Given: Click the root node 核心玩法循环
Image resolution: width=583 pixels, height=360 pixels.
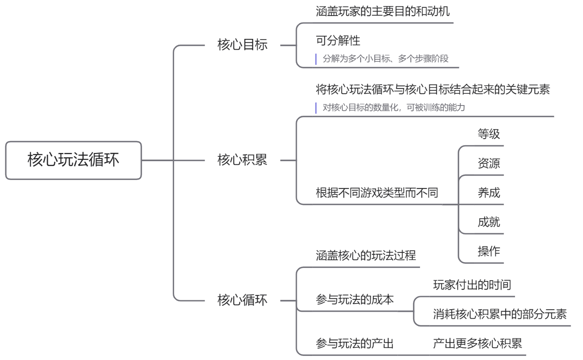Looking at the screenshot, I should click(x=73, y=160).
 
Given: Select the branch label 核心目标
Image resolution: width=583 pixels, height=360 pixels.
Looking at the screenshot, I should click(x=242, y=45).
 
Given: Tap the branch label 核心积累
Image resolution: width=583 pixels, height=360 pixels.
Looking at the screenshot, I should click(x=242, y=160).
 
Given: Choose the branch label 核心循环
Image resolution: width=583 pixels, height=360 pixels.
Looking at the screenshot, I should click(x=242, y=300).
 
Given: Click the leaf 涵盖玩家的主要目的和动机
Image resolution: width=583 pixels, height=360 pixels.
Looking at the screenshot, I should click(x=382, y=11).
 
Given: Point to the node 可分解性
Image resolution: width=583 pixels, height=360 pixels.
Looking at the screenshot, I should click(x=338, y=40).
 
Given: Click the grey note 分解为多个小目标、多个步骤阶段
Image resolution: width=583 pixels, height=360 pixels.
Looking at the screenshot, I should click(x=385, y=59).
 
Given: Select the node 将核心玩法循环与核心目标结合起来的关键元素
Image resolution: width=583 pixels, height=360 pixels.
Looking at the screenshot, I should click(x=433, y=89).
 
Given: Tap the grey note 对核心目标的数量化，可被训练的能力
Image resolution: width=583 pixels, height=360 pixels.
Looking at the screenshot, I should click(x=393, y=108).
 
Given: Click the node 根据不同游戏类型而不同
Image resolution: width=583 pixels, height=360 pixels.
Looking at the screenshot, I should click(x=377, y=193).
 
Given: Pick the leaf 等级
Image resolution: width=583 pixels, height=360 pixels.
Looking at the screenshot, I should click(x=489, y=134).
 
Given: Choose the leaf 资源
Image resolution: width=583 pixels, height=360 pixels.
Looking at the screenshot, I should click(x=489, y=163).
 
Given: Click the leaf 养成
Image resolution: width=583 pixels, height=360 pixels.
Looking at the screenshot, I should click(x=489, y=193).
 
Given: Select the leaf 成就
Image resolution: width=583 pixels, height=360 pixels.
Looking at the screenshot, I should click(x=489, y=222).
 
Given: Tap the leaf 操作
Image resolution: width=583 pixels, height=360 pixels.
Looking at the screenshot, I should click(x=489, y=251).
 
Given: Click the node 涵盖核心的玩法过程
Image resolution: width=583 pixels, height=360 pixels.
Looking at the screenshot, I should click(x=366, y=256).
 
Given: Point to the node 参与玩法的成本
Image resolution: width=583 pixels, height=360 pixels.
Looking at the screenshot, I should click(x=355, y=299).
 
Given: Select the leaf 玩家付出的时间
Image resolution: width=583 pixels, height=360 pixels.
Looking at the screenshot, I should click(x=472, y=285).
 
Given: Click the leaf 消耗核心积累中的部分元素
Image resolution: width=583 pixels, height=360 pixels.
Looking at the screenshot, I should click(x=500, y=314).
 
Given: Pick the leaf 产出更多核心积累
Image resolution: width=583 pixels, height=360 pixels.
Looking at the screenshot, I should click(x=477, y=344).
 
